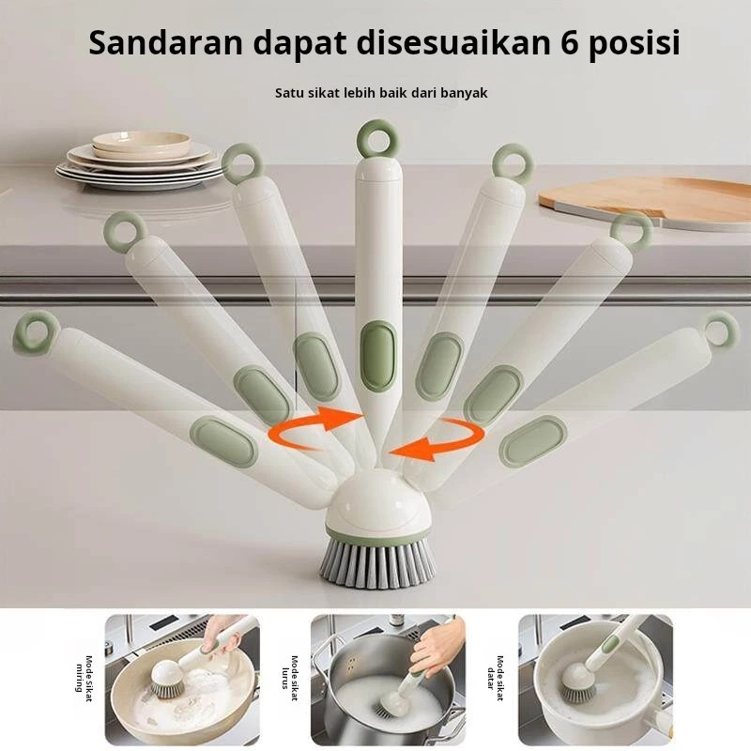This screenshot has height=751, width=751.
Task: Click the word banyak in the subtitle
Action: pyautogui.click(x=464, y=93)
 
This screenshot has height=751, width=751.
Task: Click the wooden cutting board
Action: pyautogui.click(x=644, y=200)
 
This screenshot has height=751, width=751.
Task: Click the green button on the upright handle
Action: pyautogui.click(x=378, y=355)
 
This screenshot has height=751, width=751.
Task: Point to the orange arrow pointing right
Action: pyautogui.click(x=312, y=426)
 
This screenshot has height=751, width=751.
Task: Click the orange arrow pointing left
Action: pyautogui.click(x=437, y=439)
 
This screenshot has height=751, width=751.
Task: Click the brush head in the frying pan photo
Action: pyautogui.click(x=168, y=679)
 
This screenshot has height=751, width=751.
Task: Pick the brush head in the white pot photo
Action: pyautogui.click(x=578, y=681)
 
